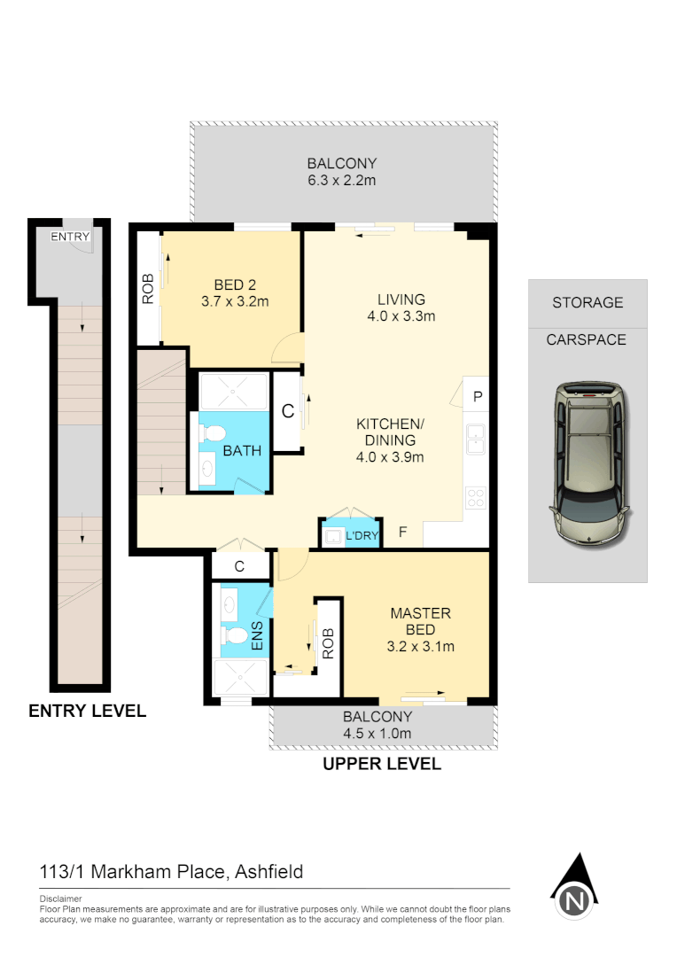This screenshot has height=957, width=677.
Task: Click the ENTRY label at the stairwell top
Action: [69, 237]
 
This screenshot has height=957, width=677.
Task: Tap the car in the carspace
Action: [588, 463]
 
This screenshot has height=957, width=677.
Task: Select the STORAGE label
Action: [588, 302]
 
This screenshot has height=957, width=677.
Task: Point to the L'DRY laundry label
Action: [361, 535]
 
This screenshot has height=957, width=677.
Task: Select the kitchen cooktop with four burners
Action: [476, 498]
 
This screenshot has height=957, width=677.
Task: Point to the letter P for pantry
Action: [477, 397]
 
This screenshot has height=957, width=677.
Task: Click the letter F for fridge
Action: [402, 533]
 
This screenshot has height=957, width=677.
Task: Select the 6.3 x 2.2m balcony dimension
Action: [342, 181]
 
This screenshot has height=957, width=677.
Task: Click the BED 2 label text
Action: [235, 284]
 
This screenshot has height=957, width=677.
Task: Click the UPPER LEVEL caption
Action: [381, 763]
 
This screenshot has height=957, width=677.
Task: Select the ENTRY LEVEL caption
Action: [87, 711]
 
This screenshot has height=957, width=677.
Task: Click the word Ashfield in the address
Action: [268, 872]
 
